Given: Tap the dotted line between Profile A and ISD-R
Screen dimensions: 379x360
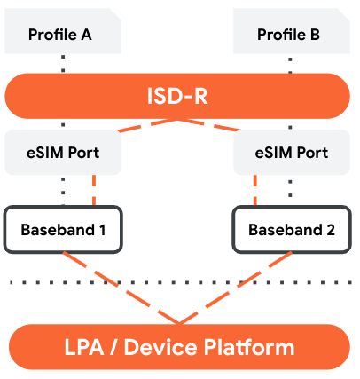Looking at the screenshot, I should (64, 62).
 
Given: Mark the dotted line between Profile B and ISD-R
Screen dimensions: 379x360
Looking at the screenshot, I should (290, 62).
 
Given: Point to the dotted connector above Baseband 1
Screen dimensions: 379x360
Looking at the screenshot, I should (64, 190).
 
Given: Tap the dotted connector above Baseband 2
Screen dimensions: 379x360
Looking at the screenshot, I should (290, 190).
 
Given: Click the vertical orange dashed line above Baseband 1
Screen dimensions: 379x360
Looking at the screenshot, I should (93, 190).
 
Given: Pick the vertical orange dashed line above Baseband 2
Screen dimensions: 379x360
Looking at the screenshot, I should (256, 190).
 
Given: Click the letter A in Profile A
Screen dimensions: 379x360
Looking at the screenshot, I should (86, 35).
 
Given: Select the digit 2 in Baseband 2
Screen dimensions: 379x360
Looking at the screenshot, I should (331, 230).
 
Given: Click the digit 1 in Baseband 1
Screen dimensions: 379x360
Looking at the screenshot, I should (102, 230).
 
